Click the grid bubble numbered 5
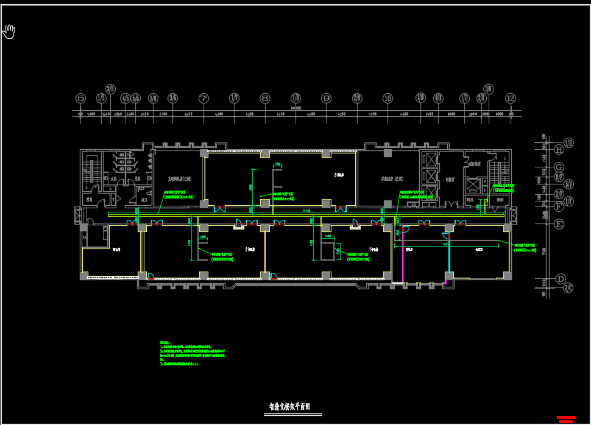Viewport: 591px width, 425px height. coord(81,98)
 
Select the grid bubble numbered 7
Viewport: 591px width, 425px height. coord(203,98)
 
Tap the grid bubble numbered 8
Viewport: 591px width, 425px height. coord(265,98)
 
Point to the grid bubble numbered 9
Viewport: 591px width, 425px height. coord(326,98)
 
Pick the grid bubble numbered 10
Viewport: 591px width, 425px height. coord(388,98)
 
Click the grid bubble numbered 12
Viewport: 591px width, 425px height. coord(511,98)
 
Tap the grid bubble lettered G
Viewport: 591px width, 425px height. coord(559,167)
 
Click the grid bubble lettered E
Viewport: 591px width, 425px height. coord(559,224)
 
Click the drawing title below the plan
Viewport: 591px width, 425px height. coord(290,407)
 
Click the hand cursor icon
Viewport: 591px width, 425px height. coord(9,31)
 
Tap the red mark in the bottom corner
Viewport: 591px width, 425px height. coord(567,419)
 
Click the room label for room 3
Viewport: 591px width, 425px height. coord(339,175)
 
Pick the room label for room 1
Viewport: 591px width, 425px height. coord(372,249)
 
